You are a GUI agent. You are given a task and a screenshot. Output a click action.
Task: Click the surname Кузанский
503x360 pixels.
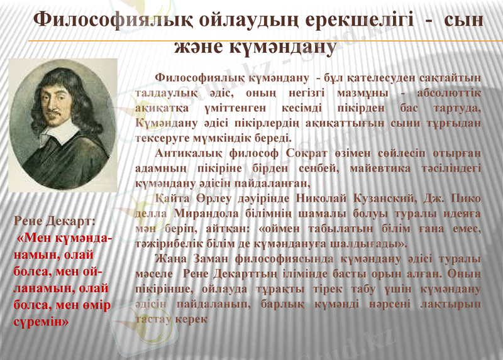[404, 199]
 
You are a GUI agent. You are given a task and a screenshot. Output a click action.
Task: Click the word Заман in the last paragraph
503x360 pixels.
[210, 259]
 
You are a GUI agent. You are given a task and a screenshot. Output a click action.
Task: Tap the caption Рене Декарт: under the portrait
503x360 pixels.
[55, 222]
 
